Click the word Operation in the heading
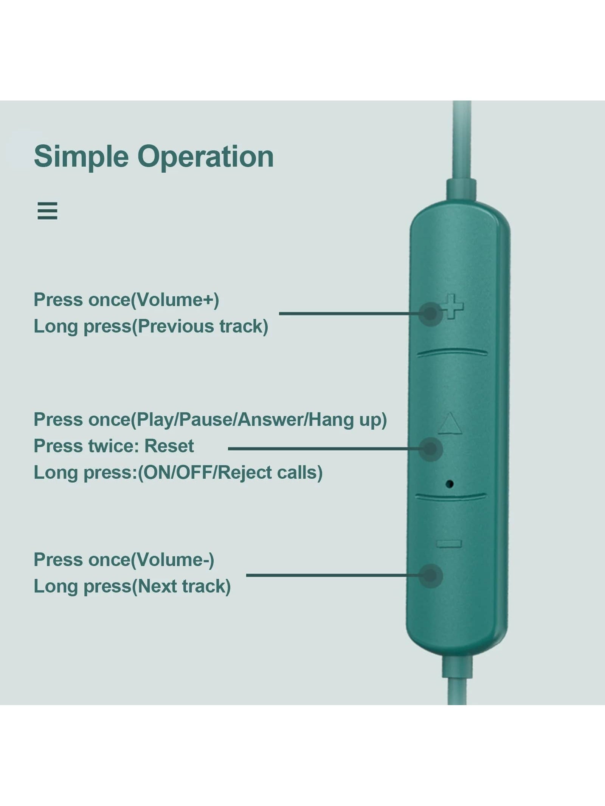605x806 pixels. click(205, 157)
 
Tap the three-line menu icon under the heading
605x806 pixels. click(47, 210)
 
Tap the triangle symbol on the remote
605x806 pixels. click(450, 424)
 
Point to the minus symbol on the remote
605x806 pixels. click(449, 544)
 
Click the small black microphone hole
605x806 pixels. click(450, 483)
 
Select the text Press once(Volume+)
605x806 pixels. click(126, 300)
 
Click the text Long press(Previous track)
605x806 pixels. click(151, 326)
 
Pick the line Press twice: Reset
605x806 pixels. click(113, 446)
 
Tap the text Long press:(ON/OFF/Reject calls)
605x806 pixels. click(178, 472)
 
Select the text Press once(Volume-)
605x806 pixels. click(124, 560)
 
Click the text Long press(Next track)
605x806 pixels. click(132, 586)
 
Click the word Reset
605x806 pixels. click(169, 446)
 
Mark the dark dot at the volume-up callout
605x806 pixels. click(430, 313)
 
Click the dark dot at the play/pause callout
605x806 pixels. click(430, 449)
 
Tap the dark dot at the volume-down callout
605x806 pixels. click(430, 575)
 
